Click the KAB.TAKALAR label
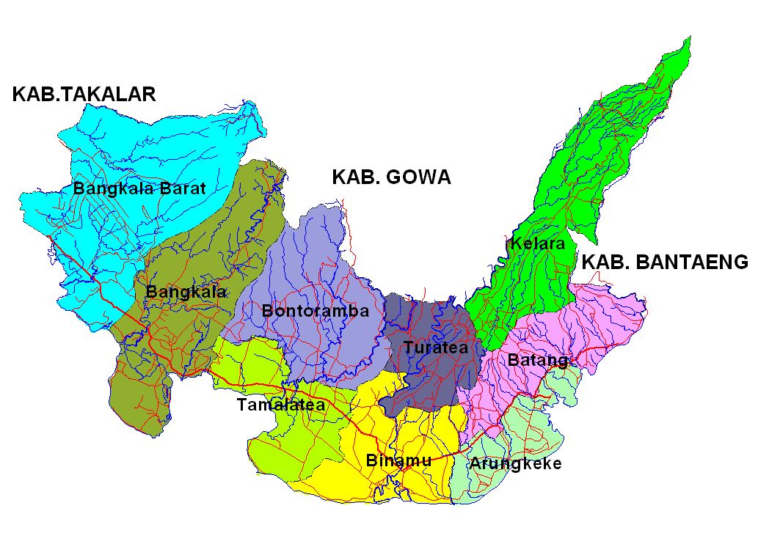(84, 94)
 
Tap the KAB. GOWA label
(391, 177)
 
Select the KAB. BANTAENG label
(666, 262)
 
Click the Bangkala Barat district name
(139, 188)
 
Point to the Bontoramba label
(315, 311)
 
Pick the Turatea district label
(435, 348)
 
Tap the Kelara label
(536, 243)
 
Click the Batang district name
(538, 360)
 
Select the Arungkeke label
(516, 463)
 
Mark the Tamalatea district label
(280, 405)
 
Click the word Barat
(184, 188)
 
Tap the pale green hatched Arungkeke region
(536, 433)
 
